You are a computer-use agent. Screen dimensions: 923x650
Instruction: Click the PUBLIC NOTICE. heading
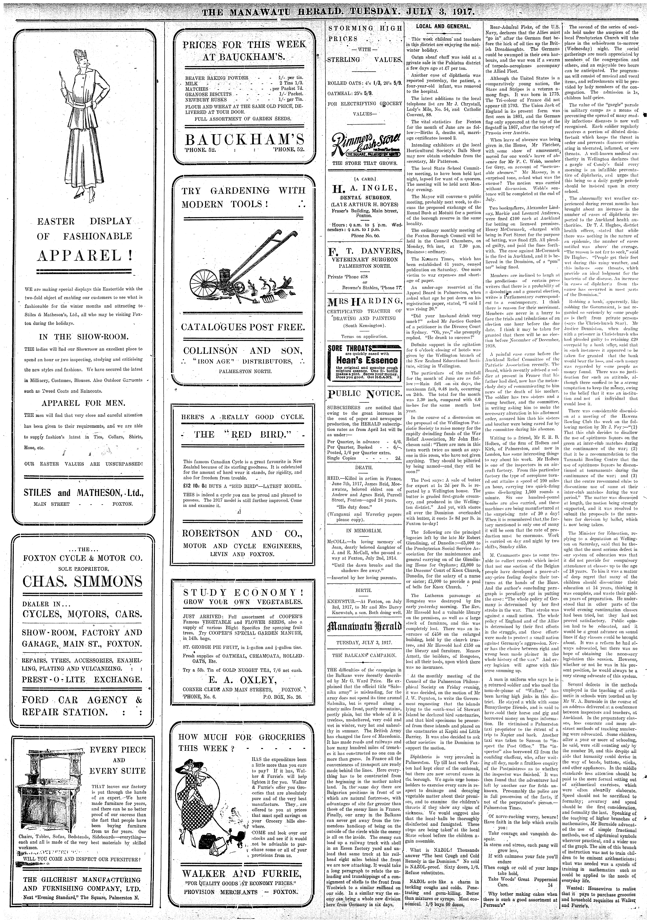[365, 393]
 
